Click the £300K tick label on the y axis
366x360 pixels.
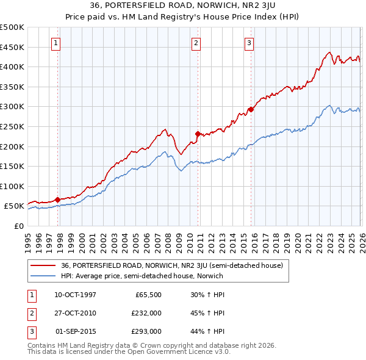12,107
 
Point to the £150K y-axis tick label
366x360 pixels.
12,166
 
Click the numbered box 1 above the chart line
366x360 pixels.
56,43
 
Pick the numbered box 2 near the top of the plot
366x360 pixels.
196,43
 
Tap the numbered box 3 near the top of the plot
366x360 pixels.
249,43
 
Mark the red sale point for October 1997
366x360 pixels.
57,200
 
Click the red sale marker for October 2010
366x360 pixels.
198,134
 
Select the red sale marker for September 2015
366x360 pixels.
251,110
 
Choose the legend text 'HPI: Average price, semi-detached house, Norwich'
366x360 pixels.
142,276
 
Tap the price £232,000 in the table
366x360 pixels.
146,313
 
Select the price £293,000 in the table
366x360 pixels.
146,331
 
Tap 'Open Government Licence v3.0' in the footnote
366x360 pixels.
182,352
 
